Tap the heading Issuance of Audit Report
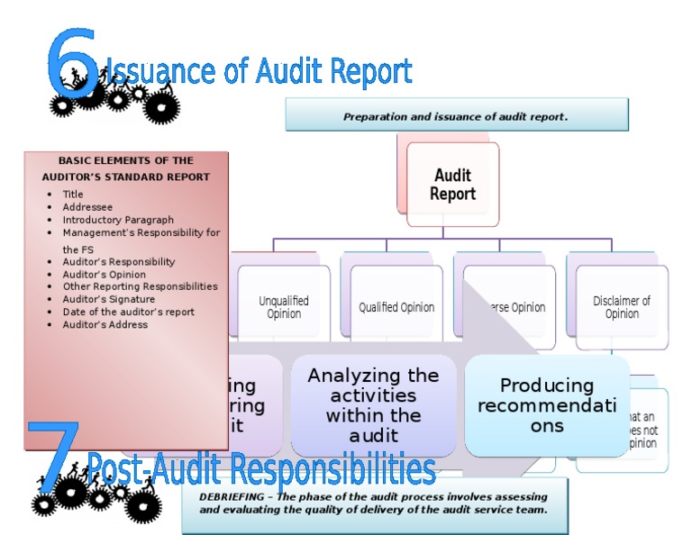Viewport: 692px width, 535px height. (259, 71)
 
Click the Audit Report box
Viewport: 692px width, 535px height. (452, 185)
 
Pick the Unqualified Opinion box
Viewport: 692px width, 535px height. (284, 307)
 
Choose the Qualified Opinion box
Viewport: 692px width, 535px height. (396, 307)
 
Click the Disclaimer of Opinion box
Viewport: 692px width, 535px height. (622, 307)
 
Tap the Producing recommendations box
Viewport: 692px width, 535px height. (547, 405)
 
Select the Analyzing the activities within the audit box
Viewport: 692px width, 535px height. (373, 405)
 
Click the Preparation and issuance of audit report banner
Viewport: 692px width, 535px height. (456, 116)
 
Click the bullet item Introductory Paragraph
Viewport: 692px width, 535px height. (118, 220)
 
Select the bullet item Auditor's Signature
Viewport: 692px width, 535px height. (108, 299)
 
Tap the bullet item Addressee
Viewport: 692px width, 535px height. (87, 207)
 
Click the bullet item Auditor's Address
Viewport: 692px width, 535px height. (105, 324)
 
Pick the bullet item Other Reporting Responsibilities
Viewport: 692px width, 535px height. (140, 286)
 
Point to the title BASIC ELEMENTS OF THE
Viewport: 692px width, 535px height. (126, 160)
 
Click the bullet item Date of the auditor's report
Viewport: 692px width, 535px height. (128, 312)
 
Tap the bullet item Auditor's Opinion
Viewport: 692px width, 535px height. (104, 274)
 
